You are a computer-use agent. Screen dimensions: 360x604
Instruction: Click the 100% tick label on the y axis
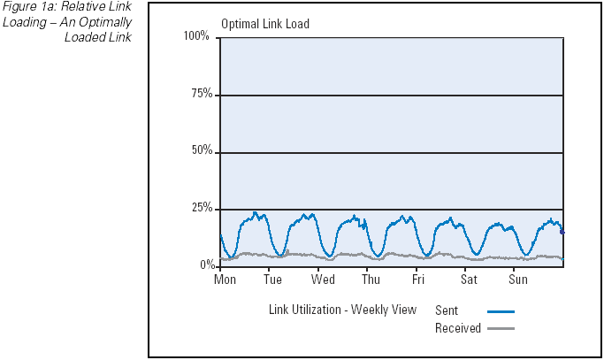196,36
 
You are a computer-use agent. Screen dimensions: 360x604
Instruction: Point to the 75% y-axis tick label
200,94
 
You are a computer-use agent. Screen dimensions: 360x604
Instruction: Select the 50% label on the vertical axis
200,150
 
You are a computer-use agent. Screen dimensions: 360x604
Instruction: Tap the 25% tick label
200,208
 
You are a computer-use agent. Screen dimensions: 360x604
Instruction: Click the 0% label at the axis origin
205,264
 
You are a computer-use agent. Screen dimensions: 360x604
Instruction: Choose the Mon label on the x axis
225,280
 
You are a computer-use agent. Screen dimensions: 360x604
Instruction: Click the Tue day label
273,280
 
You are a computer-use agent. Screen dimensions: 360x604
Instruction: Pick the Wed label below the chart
323,280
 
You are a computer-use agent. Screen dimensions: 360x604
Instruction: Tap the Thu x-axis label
371,280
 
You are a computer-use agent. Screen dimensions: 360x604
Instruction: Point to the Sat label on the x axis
468,280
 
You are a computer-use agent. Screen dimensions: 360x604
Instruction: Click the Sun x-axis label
517,280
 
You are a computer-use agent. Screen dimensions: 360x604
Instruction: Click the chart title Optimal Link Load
264,24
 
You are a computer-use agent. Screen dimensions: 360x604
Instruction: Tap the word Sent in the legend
447,311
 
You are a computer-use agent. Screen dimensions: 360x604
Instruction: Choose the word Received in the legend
458,328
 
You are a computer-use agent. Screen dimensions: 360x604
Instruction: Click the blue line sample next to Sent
501,311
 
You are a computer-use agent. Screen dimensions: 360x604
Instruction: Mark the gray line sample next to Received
501,328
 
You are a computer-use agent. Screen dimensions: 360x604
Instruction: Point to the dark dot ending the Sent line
562,232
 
